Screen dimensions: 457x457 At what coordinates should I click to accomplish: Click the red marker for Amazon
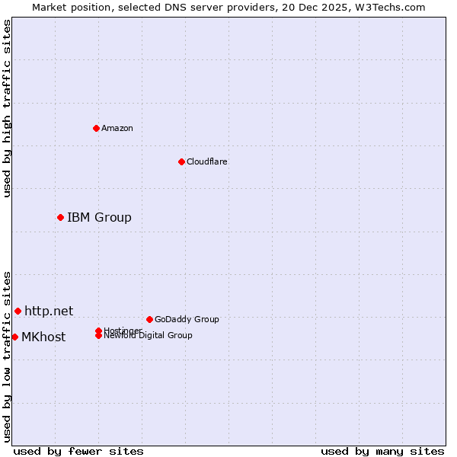tap(96, 128)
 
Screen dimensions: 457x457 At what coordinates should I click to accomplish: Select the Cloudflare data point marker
tap(181, 161)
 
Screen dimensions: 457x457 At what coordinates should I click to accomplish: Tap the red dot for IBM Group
tap(60, 218)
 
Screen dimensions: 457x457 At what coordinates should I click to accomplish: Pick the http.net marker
tap(18, 311)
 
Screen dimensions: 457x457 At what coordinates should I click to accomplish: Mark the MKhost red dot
tap(14, 337)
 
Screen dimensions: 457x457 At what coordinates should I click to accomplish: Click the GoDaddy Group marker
tap(149, 319)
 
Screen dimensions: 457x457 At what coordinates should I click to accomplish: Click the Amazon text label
tap(117, 128)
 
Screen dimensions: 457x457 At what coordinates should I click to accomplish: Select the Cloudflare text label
tap(207, 161)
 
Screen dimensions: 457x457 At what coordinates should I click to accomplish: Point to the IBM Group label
tap(99, 218)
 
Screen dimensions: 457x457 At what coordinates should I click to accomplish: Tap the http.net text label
tap(49, 311)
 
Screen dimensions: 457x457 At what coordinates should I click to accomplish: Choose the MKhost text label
tap(43, 337)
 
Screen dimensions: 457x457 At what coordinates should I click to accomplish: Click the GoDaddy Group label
tap(187, 319)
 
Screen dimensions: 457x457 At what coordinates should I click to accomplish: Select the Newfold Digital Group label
tap(148, 336)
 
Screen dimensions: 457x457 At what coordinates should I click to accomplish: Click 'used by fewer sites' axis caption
tap(78, 451)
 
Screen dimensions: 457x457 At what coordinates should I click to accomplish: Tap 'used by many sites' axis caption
tap(382, 451)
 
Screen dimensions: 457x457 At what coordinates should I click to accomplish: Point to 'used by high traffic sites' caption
tap(7, 108)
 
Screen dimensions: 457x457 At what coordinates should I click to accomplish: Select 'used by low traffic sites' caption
tap(7, 356)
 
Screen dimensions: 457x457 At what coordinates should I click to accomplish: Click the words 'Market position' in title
tap(67, 7)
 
